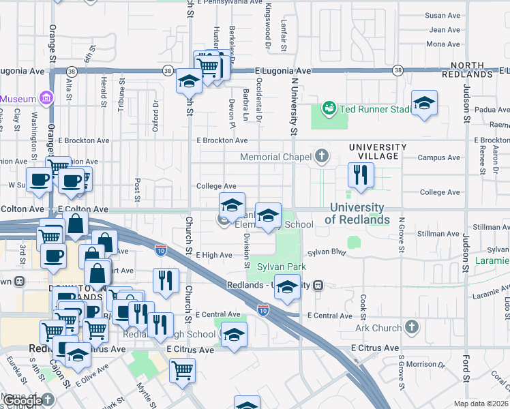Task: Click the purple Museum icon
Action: [46, 98]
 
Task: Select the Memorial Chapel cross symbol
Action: [322, 157]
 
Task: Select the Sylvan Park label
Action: [280, 267]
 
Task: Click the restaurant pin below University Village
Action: [360, 175]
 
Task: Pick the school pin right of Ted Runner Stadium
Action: [424, 103]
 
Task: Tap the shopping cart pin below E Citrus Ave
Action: [182, 371]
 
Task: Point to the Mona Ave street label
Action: [442, 44]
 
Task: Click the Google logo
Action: [23, 401]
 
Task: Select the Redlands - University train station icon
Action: [318, 286]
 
